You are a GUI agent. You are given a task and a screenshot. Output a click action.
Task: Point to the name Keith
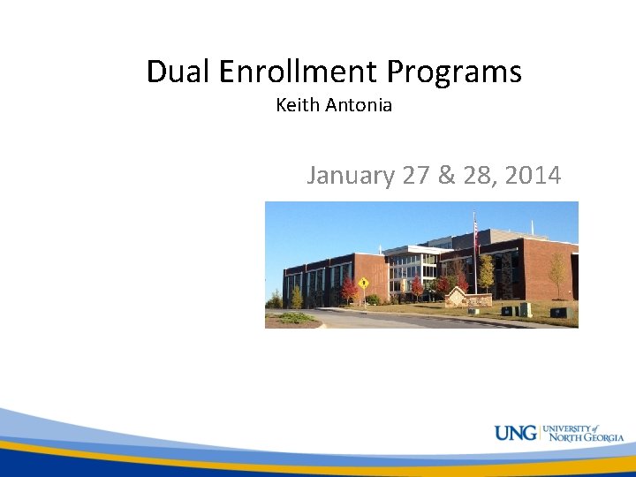298,105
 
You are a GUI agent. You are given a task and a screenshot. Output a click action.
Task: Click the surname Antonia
359,105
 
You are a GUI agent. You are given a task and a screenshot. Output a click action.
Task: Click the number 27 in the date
415,176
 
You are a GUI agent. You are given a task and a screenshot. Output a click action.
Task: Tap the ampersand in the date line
444,176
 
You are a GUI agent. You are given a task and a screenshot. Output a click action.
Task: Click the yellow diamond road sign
362,283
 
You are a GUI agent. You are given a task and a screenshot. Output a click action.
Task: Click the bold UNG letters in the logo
515,434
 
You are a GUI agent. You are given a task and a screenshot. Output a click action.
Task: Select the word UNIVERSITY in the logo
566,428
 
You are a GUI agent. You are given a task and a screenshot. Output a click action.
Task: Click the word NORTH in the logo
560,438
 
